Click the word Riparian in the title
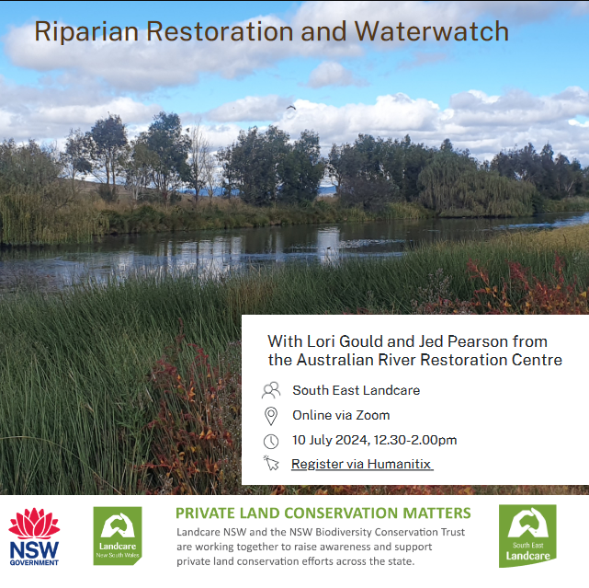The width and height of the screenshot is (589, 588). [x=86, y=32]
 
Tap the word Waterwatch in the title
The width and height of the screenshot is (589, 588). [x=432, y=31]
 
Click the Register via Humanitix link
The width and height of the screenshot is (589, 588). [x=361, y=464]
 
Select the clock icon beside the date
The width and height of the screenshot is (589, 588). [x=271, y=441]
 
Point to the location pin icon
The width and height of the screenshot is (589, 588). [x=271, y=416]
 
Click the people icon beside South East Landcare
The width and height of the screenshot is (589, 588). [x=271, y=390]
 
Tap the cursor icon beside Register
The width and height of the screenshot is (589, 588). [x=271, y=463]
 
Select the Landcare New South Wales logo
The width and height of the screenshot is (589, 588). [x=118, y=536]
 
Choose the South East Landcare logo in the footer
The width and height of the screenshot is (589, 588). [x=527, y=536]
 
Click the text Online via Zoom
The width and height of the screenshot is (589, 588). [x=341, y=415]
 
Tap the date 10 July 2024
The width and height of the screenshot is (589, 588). [x=331, y=440]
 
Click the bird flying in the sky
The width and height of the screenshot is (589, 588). [x=290, y=108]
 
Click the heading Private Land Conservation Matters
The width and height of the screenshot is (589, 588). [x=323, y=513]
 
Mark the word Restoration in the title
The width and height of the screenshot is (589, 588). [x=220, y=31]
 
